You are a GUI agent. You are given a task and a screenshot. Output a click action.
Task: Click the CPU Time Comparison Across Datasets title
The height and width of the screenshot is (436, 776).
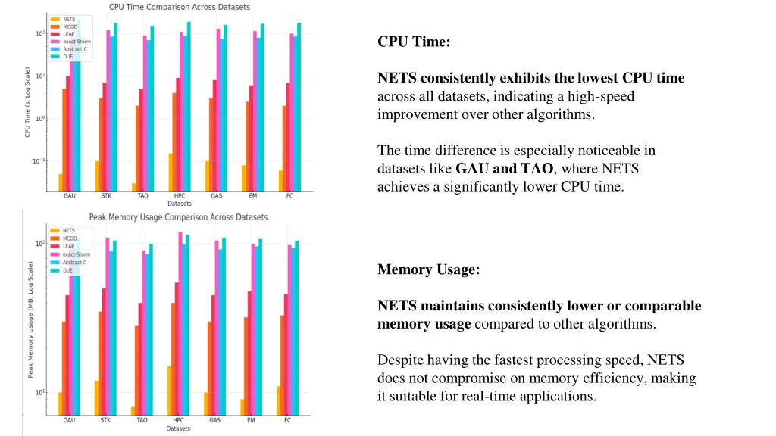point(180,7)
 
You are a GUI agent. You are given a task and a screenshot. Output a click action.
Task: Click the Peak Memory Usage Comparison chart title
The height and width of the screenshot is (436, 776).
point(179,217)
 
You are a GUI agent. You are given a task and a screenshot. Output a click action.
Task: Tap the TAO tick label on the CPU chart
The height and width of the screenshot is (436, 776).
point(142,195)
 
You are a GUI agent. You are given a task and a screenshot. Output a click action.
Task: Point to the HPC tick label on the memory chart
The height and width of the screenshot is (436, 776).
point(179,420)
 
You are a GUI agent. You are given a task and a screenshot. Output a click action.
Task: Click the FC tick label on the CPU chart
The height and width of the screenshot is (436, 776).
point(289,195)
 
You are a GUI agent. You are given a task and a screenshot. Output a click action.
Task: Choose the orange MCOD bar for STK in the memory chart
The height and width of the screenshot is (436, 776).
point(100,363)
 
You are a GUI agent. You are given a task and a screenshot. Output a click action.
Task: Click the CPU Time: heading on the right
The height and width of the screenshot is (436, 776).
point(414,42)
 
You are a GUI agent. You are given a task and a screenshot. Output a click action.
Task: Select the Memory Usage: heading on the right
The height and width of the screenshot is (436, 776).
point(428,269)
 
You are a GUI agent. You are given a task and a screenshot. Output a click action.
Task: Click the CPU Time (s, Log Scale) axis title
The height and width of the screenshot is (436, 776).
point(27,103)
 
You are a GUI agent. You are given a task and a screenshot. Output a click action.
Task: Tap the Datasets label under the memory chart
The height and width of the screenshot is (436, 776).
point(179,429)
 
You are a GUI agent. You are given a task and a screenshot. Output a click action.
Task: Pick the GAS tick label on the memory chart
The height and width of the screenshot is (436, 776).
point(215,420)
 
